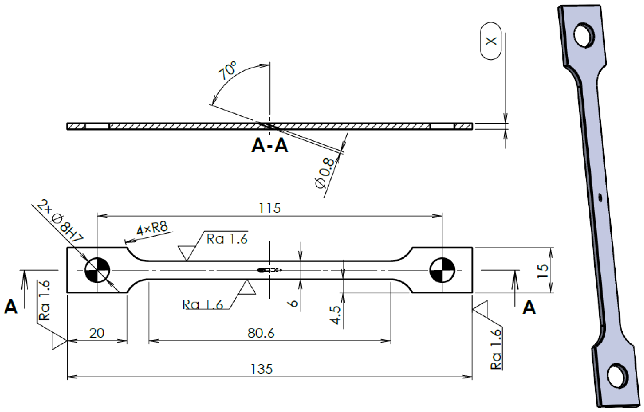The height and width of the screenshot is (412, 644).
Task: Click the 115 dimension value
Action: (270, 208)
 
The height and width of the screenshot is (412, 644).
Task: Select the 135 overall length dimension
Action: (262, 369)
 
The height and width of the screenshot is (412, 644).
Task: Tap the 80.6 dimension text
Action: (261, 333)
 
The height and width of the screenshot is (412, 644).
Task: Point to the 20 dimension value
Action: (97, 333)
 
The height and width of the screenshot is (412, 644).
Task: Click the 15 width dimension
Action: (543, 271)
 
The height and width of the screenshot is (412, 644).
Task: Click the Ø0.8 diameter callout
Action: (325, 173)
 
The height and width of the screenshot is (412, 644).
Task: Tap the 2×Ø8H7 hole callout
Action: (60, 221)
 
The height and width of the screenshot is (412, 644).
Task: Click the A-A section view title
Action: (270, 146)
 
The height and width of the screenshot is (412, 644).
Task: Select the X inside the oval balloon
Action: (491, 41)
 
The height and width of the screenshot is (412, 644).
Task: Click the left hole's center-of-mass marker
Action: (97, 270)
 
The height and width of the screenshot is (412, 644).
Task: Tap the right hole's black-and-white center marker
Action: (442, 270)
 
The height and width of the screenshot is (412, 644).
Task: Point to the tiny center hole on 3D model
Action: (600, 198)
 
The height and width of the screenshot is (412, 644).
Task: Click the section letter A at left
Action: (11, 307)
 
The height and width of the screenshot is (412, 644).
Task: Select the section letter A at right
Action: (529, 308)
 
